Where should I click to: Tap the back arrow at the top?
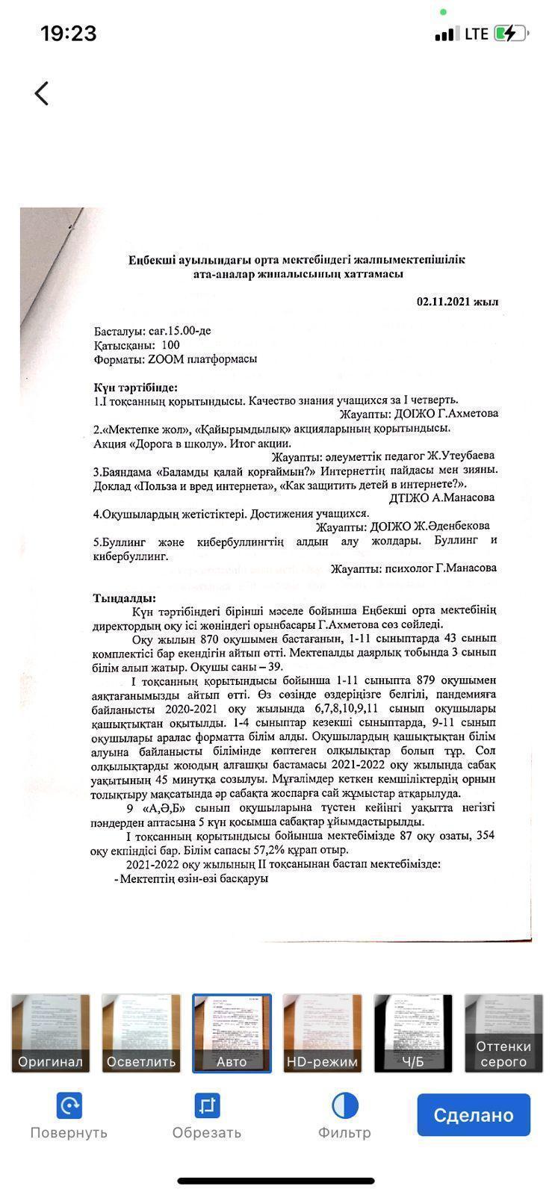42,93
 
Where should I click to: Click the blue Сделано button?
474,1114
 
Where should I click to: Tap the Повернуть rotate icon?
69,1105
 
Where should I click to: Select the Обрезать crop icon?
207,1105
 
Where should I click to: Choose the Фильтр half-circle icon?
344,1105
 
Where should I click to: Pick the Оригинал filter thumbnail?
51,1033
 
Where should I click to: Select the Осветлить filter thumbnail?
141,1033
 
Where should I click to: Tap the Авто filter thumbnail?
232,1033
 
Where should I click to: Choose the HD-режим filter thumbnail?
323,1033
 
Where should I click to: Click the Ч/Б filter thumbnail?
413,1033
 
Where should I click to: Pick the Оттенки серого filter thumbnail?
504,1033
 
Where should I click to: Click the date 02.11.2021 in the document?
447,302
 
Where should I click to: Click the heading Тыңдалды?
125,598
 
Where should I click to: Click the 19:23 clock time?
68,34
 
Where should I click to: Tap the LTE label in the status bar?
476,34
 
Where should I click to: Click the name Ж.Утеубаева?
460,456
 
